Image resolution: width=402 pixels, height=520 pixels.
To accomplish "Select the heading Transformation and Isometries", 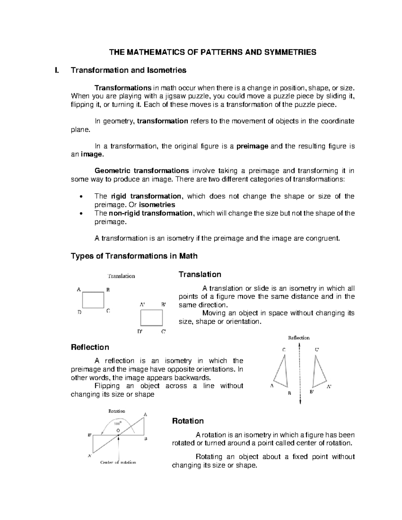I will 128,70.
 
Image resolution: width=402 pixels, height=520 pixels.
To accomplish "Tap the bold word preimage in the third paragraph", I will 252,146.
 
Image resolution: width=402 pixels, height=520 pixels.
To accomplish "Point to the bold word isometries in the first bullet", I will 157,205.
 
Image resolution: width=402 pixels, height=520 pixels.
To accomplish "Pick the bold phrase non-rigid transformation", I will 151,213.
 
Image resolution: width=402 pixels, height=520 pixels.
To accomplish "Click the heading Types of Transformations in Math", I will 134,256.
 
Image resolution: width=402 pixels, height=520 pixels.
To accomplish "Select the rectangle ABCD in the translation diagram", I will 93,300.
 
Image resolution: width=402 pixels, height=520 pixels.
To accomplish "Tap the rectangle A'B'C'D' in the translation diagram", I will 151,318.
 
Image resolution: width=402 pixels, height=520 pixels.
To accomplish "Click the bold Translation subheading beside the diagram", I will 200,275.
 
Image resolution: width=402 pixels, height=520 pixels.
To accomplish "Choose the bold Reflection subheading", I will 90,347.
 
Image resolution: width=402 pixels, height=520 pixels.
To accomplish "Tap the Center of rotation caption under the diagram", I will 118,462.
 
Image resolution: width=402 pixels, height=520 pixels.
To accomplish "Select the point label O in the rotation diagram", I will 118,430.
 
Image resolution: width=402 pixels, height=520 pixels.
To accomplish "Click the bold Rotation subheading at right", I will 188,421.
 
